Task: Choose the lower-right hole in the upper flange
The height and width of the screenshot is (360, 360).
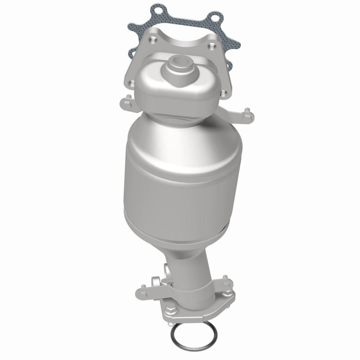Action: [x=224, y=93]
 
